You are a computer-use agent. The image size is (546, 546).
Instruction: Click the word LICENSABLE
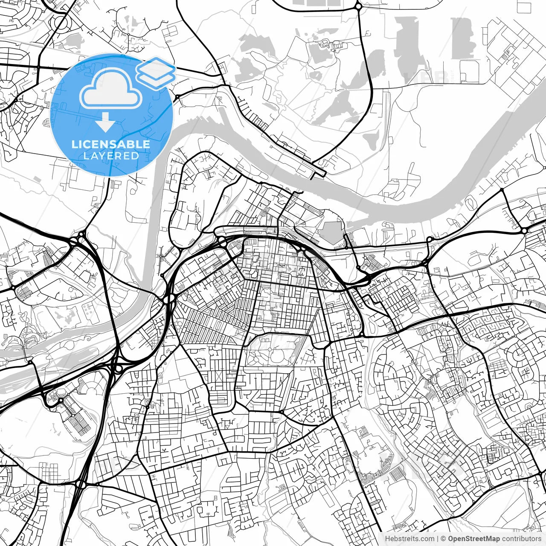click(111, 144)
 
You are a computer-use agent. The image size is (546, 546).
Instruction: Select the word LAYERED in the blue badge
click(111, 156)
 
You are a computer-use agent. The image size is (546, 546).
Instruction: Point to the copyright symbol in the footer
click(444, 539)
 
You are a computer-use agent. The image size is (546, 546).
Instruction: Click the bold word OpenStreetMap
click(474, 539)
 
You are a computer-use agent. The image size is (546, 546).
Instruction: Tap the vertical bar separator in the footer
click(438, 539)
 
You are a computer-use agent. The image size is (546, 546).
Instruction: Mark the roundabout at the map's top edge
click(358, 6)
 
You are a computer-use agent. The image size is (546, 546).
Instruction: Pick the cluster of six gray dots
click(89, 310)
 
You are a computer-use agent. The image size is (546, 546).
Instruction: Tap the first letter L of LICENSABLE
click(74, 144)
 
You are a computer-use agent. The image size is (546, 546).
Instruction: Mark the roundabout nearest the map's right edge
click(524, 230)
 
